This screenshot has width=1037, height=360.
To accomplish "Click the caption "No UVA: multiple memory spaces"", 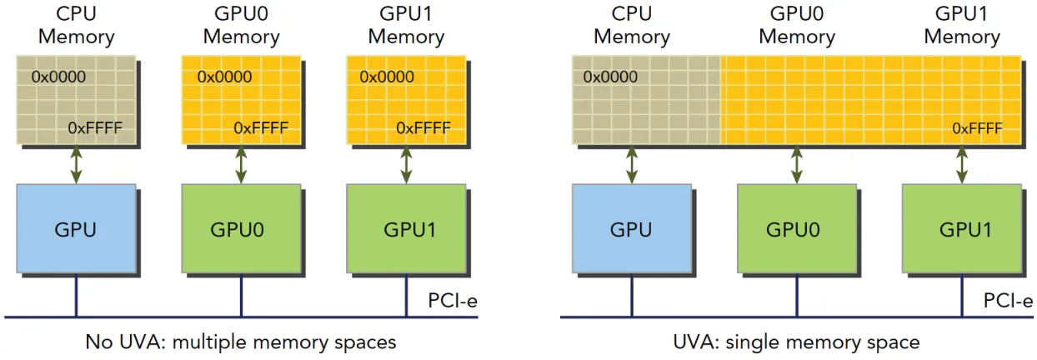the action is pyautogui.click(x=241, y=342).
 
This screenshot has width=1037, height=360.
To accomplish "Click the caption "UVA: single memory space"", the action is pyautogui.click(x=796, y=342).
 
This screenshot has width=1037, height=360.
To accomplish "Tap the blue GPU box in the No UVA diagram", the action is pyautogui.click(x=77, y=228).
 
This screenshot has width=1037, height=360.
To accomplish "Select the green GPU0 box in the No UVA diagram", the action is pyautogui.click(x=241, y=228).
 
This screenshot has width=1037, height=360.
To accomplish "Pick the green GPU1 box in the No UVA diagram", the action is pyautogui.click(x=407, y=228).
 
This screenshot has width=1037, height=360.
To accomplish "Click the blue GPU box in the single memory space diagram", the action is pyautogui.click(x=632, y=228).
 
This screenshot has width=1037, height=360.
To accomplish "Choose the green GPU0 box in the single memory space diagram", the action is pyautogui.click(x=797, y=228).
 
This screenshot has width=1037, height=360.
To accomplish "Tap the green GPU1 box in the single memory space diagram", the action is pyautogui.click(x=962, y=228).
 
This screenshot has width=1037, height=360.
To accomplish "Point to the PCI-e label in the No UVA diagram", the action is pyautogui.click(x=453, y=301).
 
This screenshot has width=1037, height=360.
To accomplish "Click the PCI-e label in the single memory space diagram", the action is pyautogui.click(x=1008, y=301).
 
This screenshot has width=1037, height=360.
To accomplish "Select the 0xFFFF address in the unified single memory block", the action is pyautogui.click(x=977, y=128).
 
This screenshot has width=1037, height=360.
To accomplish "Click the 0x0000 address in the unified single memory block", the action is pyautogui.click(x=610, y=77).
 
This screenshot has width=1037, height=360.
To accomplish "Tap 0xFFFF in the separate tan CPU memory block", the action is pyautogui.click(x=95, y=127).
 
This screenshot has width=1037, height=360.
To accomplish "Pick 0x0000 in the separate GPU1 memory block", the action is pyautogui.click(x=387, y=77).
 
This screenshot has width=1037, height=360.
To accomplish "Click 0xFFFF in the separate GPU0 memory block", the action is pyautogui.click(x=261, y=127).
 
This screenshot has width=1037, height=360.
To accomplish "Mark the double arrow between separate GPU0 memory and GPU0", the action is pyautogui.click(x=241, y=164).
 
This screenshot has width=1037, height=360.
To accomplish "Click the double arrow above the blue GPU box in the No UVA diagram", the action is pyautogui.click(x=77, y=164).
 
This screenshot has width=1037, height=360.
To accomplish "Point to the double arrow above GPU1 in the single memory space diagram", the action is pyautogui.click(x=962, y=164).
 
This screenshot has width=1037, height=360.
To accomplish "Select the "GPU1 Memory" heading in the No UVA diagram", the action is pyautogui.click(x=407, y=26).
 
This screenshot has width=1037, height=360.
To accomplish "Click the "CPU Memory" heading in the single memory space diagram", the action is pyautogui.click(x=632, y=26).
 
